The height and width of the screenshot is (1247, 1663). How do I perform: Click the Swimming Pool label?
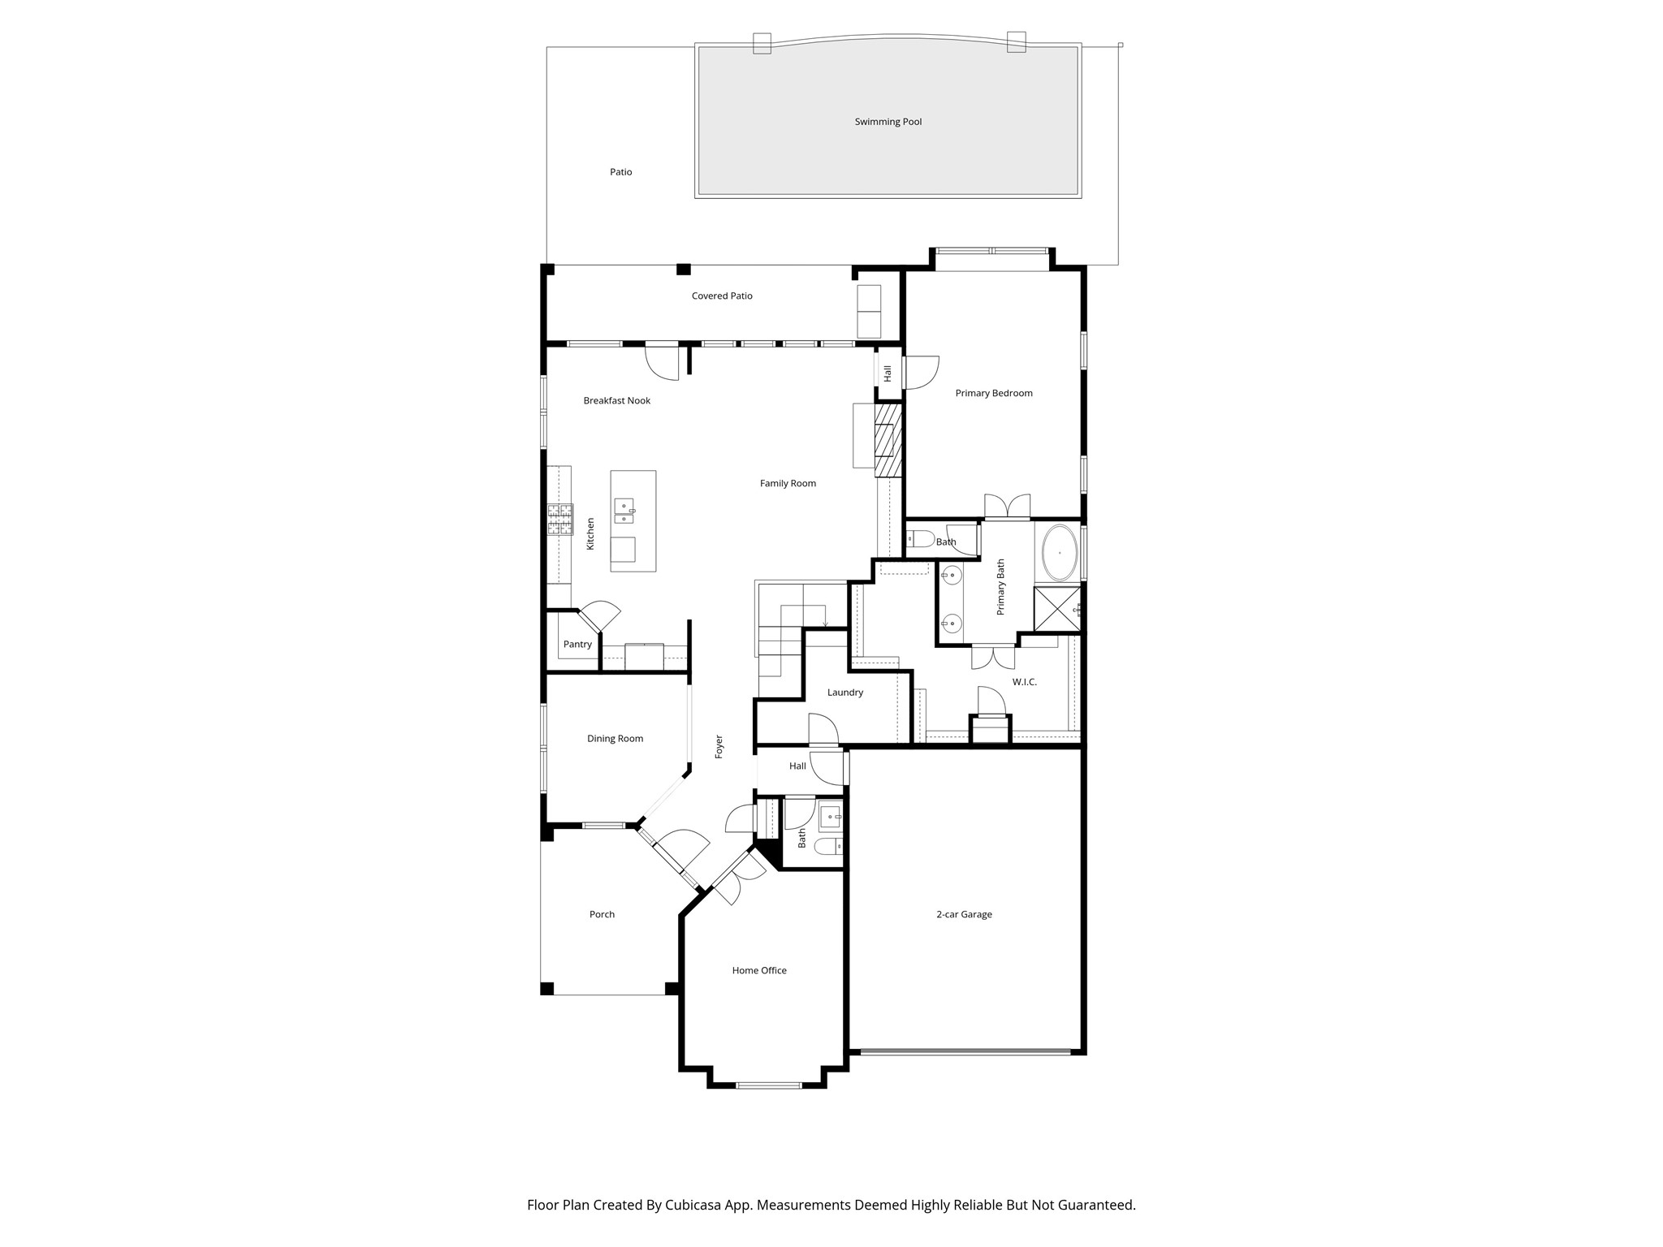pos(888,122)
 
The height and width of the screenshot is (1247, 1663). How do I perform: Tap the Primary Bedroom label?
pos(993,393)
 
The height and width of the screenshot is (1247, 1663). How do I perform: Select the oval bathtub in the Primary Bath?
pos(1060,553)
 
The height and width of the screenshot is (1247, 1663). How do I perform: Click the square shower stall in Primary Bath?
pos(1056,609)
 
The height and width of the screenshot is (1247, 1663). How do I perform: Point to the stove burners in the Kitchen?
pos(559,520)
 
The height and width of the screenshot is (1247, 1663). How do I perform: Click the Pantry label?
pos(577,645)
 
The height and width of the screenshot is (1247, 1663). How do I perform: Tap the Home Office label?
pos(758,970)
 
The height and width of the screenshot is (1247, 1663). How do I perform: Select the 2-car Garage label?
pos(964,914)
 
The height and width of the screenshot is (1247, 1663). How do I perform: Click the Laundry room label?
pos(844,693)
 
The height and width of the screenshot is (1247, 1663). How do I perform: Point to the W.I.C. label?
pos(1024,682)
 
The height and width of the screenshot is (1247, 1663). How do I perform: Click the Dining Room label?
pos(615,739)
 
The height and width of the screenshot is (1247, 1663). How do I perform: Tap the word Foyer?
pos(719,747)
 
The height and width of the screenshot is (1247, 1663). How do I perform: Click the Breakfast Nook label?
pos(616,400)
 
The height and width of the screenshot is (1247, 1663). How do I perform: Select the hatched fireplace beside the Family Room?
pos(888,440)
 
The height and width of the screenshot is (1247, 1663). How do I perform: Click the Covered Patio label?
pos(721,296)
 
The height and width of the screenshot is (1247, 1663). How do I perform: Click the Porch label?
pos(602,914)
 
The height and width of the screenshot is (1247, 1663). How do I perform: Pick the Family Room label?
pos(788,483)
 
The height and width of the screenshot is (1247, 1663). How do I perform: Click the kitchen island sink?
pos(624,511)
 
